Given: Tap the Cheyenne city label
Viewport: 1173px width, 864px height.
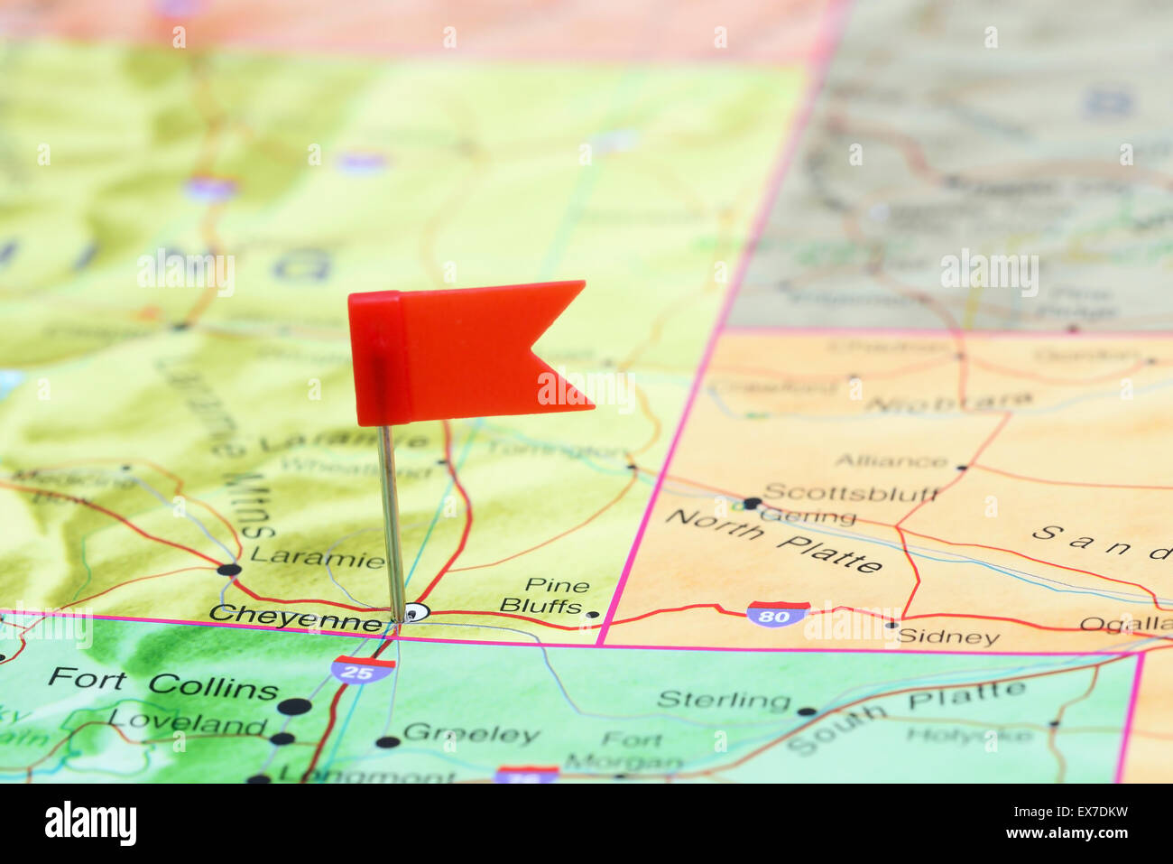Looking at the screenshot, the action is click(296, 618).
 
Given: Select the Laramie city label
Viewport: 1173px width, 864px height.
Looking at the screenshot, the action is click(318, 557).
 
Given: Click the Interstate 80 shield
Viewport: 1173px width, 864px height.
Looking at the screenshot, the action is click(777, 614).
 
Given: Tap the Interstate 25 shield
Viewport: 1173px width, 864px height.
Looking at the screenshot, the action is click(362, 669).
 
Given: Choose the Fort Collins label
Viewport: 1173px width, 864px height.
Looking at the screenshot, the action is click(163, 683).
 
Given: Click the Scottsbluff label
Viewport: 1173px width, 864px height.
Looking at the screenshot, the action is click(851, 493).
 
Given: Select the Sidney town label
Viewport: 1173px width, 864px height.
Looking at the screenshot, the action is click(948, 637).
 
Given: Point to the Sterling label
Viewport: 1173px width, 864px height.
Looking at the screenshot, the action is click(724, 700).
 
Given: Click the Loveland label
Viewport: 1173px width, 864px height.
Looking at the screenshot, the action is click(188, 722).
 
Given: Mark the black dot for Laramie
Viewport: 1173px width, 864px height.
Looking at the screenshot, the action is click(229, 570).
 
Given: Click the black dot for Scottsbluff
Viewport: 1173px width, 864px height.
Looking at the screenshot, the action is click(752, 503).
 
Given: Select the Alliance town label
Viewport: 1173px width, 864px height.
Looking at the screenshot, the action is click(891, 461).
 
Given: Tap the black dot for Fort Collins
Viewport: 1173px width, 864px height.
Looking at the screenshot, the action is click(294, 707).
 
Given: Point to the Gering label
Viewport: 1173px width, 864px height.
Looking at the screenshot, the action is click(808, 517).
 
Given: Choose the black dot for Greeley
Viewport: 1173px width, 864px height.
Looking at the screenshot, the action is click(387, 742).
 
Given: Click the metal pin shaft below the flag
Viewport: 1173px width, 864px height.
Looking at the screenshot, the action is click(391, 524).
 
